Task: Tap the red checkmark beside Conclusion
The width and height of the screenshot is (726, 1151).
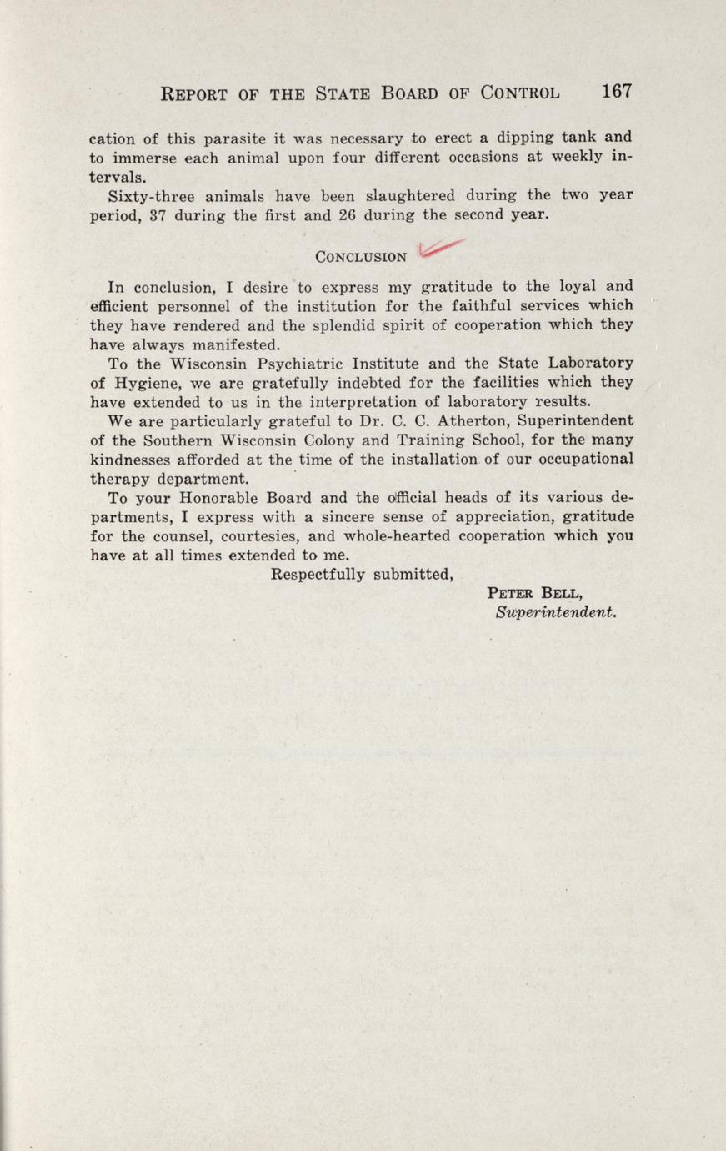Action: (439, 247)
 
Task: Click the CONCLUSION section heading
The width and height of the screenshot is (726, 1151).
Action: (360, 256)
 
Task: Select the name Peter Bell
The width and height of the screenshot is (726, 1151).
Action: (534, 593)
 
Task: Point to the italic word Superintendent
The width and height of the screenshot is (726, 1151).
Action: (566, 611)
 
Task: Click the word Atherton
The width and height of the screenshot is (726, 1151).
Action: (462, 420)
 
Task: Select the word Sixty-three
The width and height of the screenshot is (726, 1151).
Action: (150, 197)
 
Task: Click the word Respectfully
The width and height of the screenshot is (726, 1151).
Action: (319, 574)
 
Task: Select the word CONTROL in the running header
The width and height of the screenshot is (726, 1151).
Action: (519, 93)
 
